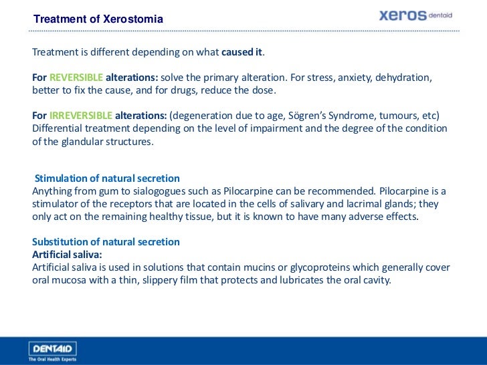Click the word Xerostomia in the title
point(133,19)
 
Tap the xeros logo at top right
point(418,15)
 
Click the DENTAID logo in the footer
point(53,348)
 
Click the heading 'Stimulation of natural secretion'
point(107,178)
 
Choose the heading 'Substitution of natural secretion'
point(106,242)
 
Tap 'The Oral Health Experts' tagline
point(52,359)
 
